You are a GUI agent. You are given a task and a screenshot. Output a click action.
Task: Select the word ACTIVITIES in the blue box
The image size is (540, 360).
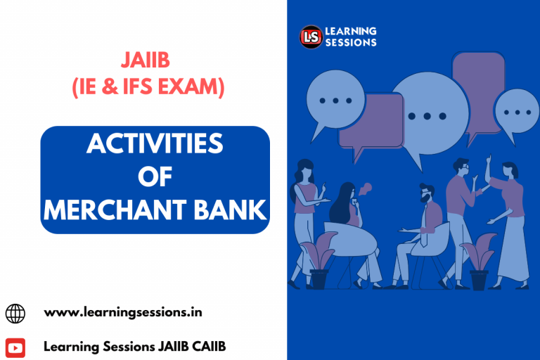tap(155, 144)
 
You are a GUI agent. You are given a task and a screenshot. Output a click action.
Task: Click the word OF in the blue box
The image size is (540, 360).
tap(155, 176)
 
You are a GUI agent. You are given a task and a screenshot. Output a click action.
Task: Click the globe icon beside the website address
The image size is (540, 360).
tap(15, 313)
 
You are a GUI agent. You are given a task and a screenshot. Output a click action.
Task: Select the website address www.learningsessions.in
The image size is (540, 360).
tap(123, 312)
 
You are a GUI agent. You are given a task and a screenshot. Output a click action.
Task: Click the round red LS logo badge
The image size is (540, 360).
tap(311, 37)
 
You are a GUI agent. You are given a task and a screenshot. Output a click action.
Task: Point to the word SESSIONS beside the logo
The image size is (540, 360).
tap(351, 42)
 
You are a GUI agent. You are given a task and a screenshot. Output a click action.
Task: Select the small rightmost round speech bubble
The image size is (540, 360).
tap(517, 112)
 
